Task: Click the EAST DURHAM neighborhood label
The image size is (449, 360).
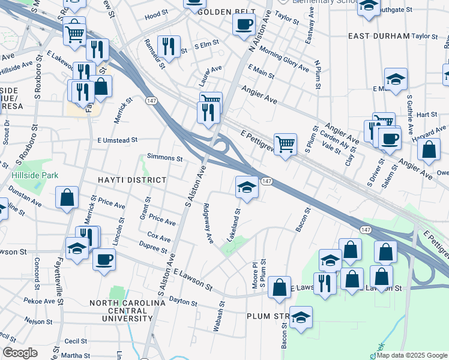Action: click(x=378, y=36)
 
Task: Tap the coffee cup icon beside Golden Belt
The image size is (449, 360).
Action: click(x=244, y=24)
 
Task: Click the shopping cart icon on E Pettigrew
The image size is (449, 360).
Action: click(x=286, y=144)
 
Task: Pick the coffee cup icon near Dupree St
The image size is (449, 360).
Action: click(x=104, y=260)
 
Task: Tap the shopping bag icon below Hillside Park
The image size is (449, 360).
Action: click(x=67, y=197)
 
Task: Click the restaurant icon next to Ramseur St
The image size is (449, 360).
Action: click(x=169, y=46)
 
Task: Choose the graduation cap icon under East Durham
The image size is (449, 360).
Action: click(x=396, y=79)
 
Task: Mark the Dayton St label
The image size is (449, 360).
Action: click(x=184, y=298)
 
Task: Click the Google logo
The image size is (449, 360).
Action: click(x=20, y=353)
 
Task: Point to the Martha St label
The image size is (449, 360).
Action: click(x=76, y=355)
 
